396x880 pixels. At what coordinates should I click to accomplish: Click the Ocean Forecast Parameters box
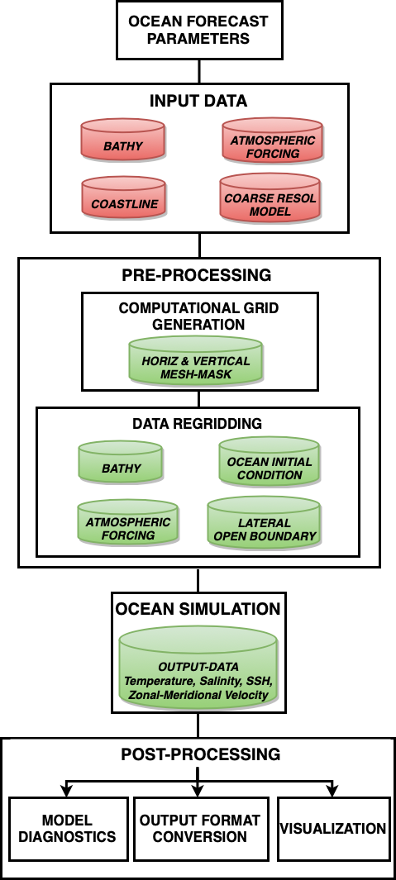[199, 30]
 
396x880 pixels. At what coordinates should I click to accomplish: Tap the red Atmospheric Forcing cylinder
[273, 140]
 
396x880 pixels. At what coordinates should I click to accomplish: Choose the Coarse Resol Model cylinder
[270, 197]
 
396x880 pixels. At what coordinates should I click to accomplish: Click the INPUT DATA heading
[198, 101]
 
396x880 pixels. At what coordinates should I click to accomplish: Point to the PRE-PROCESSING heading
[197, 275]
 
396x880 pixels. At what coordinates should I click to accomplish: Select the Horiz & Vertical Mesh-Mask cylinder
[196, 360]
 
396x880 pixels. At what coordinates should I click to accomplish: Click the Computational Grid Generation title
[199, 316]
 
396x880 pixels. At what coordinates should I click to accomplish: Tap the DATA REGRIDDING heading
[197, 423]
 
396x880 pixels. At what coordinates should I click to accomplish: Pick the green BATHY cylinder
[121, 461]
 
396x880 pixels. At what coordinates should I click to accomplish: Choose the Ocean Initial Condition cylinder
[269, 462]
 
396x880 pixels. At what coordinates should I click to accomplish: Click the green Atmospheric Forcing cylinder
[128, 522]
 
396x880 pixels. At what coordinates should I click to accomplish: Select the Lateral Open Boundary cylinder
[265, 522]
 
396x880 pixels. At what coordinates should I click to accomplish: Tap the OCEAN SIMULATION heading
[198, 609]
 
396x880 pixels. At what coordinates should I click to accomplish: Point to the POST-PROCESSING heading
[201, 754]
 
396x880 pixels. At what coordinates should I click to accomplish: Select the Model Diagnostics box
[69, 829]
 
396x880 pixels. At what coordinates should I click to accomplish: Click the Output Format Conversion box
[199, 829]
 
